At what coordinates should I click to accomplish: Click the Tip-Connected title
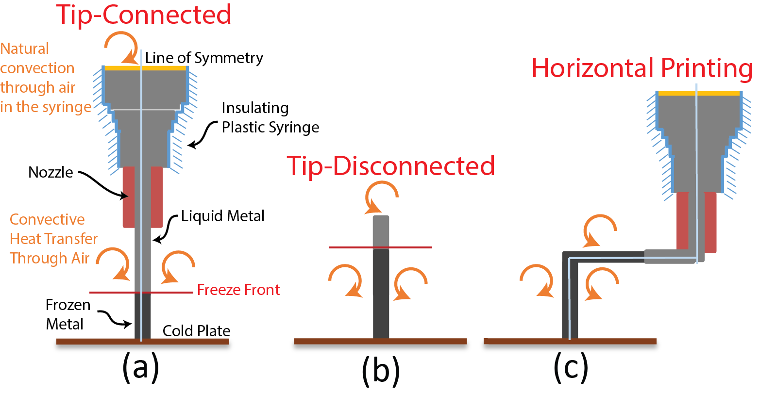144,15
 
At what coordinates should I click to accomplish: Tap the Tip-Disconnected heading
391,166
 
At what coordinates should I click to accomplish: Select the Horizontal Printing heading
642,68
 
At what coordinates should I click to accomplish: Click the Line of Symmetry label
204,58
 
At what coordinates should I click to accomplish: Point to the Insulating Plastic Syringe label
270,118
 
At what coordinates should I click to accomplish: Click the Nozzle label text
51,172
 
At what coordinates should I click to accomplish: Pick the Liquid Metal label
223,216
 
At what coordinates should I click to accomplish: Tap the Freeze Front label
238,290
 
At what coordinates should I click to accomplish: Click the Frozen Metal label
68,314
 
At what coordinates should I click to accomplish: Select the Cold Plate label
196,331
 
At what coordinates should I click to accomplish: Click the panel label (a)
141,367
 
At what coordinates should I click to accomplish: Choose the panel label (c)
571,367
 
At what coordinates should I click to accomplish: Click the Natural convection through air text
46,78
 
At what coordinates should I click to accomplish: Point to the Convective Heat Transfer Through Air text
53,239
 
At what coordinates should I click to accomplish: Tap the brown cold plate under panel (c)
570,341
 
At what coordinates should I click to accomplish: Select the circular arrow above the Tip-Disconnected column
383,196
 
